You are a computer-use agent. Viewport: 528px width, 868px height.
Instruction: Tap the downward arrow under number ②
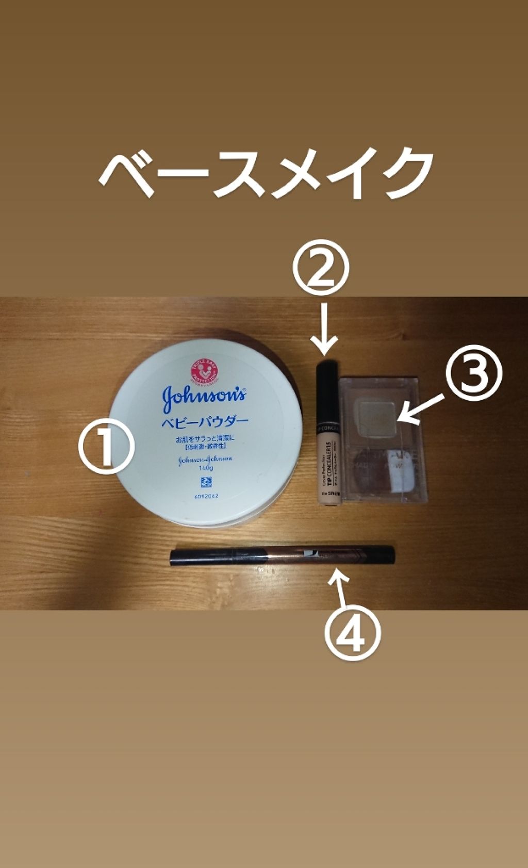(324, 330)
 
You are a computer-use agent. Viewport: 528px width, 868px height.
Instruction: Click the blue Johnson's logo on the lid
(204, 398)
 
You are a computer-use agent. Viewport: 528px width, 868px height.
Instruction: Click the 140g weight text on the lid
(205, 468)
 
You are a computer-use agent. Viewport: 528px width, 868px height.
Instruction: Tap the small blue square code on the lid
(205, 483)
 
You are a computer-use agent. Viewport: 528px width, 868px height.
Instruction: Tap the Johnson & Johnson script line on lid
(205, 458)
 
